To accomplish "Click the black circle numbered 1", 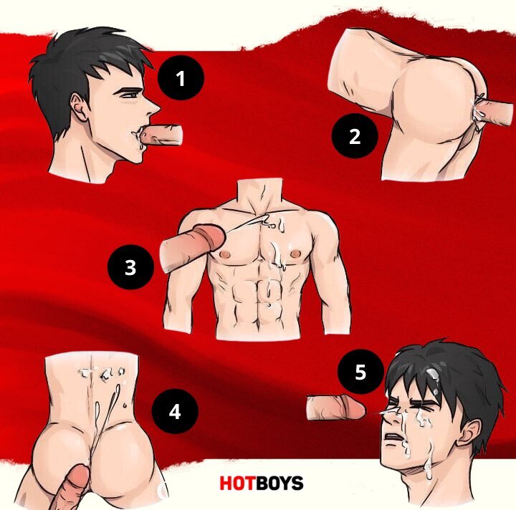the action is [x=181, y=78].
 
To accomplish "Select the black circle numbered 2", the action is [x=355, y=136].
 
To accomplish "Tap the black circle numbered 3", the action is [x=130, y=266].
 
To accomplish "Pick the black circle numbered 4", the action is [x=175, y=411].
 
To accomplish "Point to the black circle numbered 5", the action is [x=360, y=371].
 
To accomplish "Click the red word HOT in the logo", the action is [x=239, y=483].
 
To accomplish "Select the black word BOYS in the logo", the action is [x=280, y=483].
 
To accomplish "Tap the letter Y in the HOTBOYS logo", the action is [x=285, y=483].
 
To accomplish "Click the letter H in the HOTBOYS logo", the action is [x=226, y=483].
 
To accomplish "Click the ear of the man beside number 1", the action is [x=79, y=107].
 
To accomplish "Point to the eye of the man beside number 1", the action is [x=130, y=95].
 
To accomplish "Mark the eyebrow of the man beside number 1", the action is [x=128, y=89].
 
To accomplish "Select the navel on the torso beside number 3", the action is [x=270, y=305].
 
